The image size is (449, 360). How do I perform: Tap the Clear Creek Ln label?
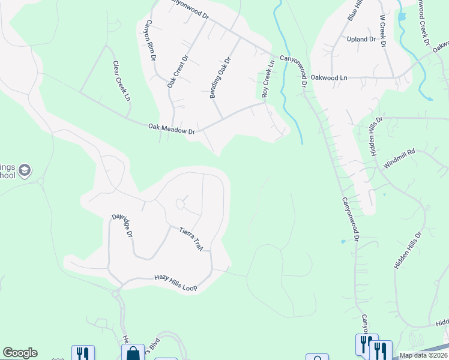point(121,81)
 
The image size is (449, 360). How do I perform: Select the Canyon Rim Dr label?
point(150,40)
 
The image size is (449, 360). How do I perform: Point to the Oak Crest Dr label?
point(178,71)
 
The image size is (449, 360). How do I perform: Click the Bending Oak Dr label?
point(220,77)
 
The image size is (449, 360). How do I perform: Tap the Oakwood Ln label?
point(328,78)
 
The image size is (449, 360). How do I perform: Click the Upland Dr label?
point(361,39)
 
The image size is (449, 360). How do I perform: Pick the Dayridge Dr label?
point(122,224)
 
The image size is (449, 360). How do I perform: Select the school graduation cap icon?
point(25,171)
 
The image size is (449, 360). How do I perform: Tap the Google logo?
point(20,353)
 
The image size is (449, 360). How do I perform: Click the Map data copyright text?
point(423,355)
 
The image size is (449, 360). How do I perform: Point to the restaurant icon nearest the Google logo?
point(83,354)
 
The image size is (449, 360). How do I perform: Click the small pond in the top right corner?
point(401,17)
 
